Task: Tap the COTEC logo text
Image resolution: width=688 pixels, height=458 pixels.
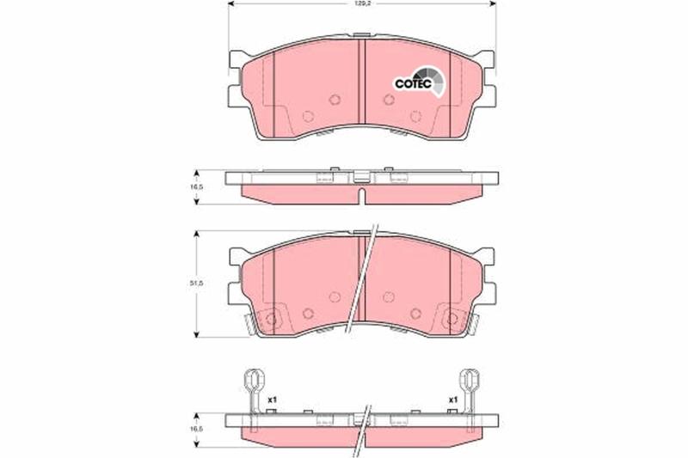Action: coord(414,83)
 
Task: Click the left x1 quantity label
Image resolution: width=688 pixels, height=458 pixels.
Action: coord(273,400)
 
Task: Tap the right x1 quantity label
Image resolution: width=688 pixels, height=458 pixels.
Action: coord(453,400)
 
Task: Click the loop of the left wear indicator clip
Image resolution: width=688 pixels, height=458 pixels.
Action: coord(253,378)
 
